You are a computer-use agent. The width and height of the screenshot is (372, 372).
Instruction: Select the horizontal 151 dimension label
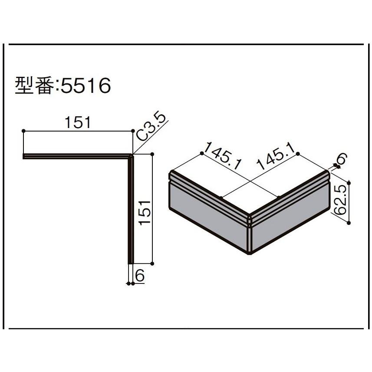pos(78,123)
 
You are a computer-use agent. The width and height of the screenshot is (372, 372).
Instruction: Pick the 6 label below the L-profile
pos(139,275)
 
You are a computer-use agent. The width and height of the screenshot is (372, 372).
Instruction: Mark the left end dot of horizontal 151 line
pos(23,131)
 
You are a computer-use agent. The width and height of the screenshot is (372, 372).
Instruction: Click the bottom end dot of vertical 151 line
pos(153,263)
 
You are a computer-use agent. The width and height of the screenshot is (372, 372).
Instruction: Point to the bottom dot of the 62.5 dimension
pos(349,223)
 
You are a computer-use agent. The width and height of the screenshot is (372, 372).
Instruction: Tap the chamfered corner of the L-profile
pos(132,155)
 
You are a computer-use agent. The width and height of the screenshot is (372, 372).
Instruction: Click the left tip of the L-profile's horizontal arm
pos(24,156)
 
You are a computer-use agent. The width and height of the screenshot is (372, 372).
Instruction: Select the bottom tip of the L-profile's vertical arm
pos(131,262)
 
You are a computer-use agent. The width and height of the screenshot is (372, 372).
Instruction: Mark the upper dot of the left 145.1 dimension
pos(202,154)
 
